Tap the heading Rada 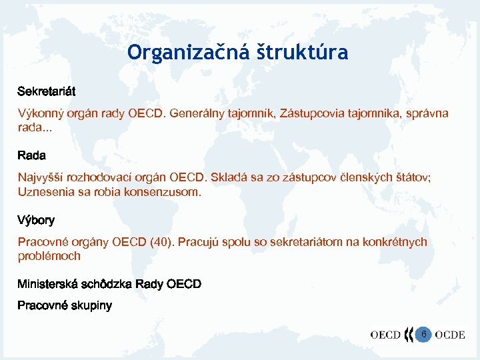pos(31,155)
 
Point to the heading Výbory pos(36,220)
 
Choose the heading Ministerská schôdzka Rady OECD pos(109,285)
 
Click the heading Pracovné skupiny pos(65,306)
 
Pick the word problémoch pos(49,256)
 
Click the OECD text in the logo pos(385,335)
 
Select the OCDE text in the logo pos(450,335)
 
